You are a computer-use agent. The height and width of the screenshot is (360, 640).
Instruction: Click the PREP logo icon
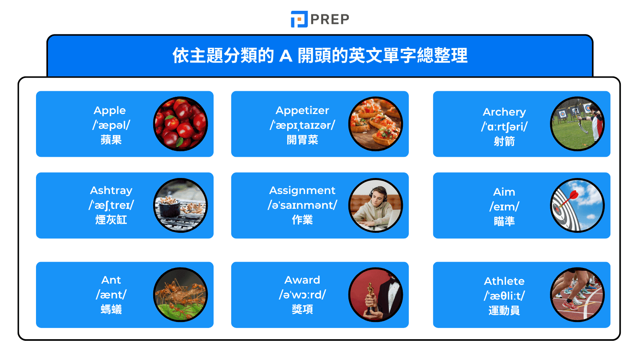pyautogui.click(x=299, y=19)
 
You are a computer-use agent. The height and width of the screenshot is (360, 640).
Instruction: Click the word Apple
pyautogui.click(x=110, y=110)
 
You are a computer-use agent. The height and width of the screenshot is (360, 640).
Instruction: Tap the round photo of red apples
pyautogui.click(x=181, y=124)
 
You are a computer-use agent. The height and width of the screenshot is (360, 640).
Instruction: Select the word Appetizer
pyautogui.click(x=302, y=110)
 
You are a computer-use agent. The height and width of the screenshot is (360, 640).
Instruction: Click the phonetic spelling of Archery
pyautogui.click(x=504, y=127)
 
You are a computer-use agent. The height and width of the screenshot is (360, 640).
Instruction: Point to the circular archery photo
pyautogui.click(x=577, y=124)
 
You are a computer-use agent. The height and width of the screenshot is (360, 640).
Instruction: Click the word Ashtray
pyautogui.click(x=111, y=190)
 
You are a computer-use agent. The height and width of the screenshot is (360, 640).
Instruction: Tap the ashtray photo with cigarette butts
pyautogui.click(x=181, y=205)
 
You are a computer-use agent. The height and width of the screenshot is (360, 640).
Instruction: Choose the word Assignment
pyautogui.click(x=302, y=190)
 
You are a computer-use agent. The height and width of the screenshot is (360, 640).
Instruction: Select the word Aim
pyautogui.click(x=504, y=192)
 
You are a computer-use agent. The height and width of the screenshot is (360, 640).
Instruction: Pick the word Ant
pyautogui.click(x=111, y=280)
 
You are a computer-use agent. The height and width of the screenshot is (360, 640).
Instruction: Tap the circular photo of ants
pyautogui.click(x=181, y=295)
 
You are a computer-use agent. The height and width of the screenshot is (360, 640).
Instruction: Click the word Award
pyautogui.click(x=302, y=280)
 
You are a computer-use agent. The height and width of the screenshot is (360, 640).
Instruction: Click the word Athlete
pyautogui.click(x=504, y=281)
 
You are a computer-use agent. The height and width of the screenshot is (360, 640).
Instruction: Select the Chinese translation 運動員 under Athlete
pyautogui.click(x=504, y=311)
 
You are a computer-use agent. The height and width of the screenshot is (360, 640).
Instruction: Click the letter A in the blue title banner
pyautogui.click(x=286, y=56)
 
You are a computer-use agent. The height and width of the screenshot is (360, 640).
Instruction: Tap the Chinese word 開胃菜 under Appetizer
pyautogui.click(x=302, y=140)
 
